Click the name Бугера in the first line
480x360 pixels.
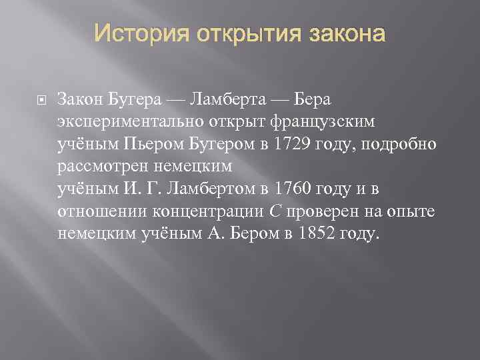point(134,99)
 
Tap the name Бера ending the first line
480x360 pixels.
point(313,99)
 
